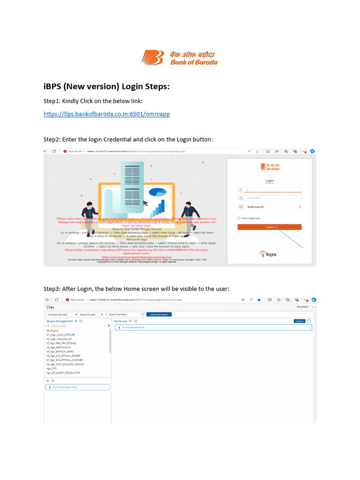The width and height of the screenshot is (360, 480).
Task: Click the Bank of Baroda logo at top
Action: [x=180, y=58]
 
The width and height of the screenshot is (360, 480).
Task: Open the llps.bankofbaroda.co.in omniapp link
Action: [x=106, y=114]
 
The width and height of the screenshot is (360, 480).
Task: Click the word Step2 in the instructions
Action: [x=52, y=139]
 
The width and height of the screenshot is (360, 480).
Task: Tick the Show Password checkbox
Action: [x=239, y=218]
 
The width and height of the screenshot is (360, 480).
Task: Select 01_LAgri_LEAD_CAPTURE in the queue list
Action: [x=61, y=335]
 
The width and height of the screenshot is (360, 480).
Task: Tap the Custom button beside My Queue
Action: [x=300, y=321]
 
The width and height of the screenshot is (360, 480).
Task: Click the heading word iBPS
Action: [x=52, y=87]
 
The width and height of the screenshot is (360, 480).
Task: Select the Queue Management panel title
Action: [x=60, y=321]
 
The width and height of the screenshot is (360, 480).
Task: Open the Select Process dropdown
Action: [x=90, y=314]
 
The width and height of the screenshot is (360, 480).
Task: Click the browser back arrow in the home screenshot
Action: [x=47, y=300]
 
